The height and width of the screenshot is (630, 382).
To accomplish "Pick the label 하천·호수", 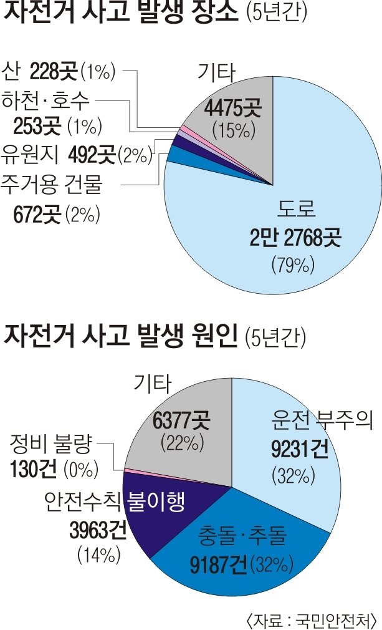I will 47,99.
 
